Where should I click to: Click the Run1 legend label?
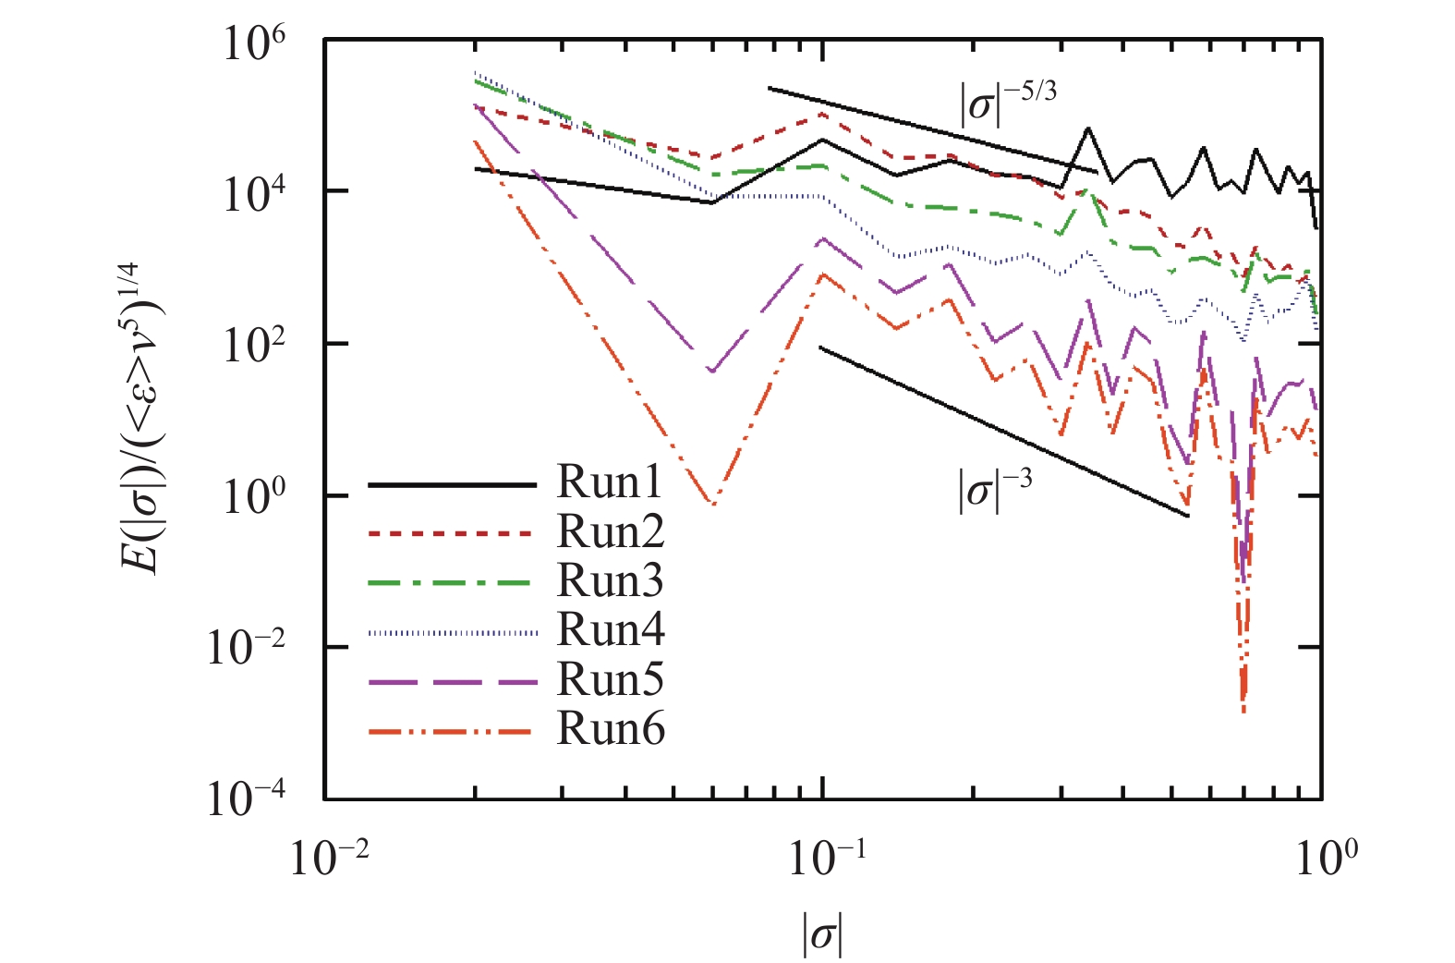click(x=611, y=482)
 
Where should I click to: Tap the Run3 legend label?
click(x=611, y=581)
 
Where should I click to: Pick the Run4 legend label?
click(x=611, y=630)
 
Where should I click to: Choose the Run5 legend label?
click(x=611, y=680)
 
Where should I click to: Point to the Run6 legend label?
click(x=611, y=730)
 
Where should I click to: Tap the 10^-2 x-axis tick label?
click(x=329, y=859)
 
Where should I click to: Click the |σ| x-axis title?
click(x=822, y=935)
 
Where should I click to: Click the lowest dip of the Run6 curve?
click(x=1244, y=710)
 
